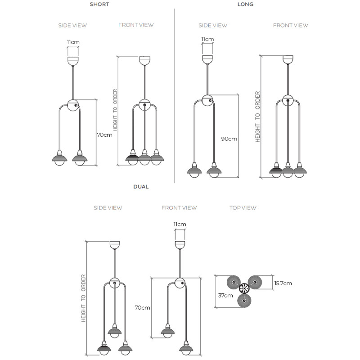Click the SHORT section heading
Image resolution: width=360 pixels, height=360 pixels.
click(x=99, y=4)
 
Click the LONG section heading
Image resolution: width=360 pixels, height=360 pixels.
click(x=245, y=4)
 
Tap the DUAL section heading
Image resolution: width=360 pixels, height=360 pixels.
click(x=141, y=186)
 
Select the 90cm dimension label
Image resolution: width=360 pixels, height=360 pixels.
click(x=229, y=139)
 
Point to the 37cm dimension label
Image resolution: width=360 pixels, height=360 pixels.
click(x=225, y=296)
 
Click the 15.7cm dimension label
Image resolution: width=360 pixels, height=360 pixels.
click(x=283, y=283)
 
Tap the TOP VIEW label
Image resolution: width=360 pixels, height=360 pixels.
click(x=243, y=208)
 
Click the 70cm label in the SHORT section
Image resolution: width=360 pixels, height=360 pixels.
click(x=104, y=135)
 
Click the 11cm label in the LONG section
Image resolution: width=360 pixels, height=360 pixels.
click(x=207, y=39)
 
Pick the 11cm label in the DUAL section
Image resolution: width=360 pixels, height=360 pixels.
click(x=180, y=224)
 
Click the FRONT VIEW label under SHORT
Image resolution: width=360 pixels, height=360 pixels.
click(x=136, y=25)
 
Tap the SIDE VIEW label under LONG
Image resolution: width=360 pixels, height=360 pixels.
click(x=213, y=26)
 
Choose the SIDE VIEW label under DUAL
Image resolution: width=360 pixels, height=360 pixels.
click(x=108, y=208)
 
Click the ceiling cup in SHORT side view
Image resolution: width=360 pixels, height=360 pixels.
click(x=73, y=60)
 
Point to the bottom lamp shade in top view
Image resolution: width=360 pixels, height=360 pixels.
click(x=244, y=301)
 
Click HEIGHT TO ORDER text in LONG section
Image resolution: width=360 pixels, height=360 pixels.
click(x=258, y=117)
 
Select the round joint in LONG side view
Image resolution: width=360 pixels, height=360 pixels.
click(x=207, y=100)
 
